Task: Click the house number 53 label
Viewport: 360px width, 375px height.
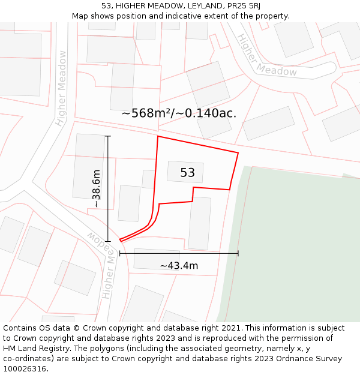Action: pos(187,173)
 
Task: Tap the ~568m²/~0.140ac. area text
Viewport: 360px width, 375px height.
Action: pos(179,113)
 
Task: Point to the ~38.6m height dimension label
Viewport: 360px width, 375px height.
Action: pos(96,188)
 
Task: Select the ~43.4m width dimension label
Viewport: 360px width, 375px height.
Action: pos(179,265)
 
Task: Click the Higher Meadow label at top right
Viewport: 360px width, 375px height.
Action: pos(266,56)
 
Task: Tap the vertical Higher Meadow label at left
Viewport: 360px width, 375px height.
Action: pos(61,88)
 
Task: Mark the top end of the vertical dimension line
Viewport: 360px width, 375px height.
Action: pos(108,136)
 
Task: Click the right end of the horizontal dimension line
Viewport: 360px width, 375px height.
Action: pos(238,253)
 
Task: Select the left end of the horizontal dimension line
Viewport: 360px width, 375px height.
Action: pos(120,253)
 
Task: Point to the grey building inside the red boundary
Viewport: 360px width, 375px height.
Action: pos(185,172)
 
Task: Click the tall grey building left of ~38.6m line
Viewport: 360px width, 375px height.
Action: pos(89,166)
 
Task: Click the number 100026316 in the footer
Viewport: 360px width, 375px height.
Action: pos(25,369)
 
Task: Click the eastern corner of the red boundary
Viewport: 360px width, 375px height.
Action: pos(238,153)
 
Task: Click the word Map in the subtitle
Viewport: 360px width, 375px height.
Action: pos(81,16)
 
